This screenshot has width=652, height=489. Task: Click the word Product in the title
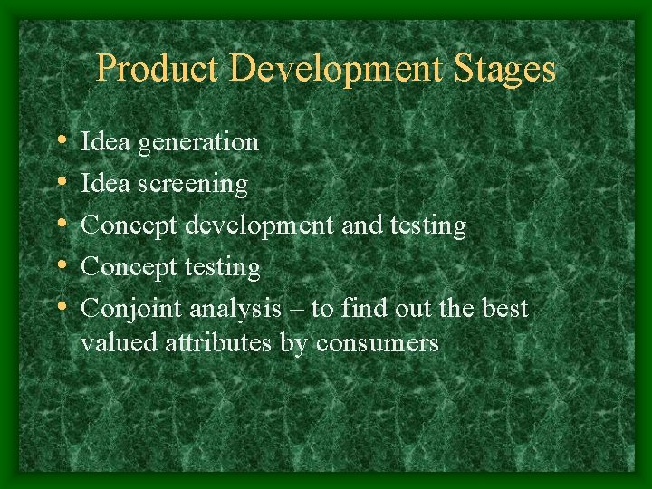tap(157, 70)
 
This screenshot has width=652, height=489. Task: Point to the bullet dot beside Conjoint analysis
tap(60, 309)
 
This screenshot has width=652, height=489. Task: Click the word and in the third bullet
tap(360, 225)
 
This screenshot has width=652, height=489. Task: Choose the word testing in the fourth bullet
tap(222, 268)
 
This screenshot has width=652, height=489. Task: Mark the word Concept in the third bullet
tap(129, 226)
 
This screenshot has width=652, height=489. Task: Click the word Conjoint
tap(131, 310)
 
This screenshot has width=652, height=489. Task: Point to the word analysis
tap(235, 310)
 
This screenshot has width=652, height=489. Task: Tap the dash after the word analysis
tap(298, 310)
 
